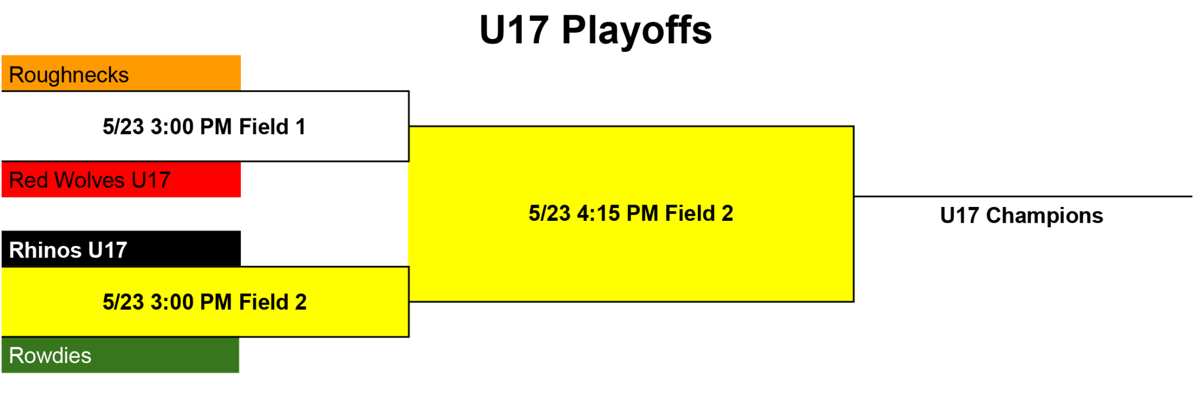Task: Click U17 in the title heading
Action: pyautogui.click(x=514, y=30)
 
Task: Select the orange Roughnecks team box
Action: pyautogui.click(x=121, y=73)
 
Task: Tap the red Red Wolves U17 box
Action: pyautogui.click(x=121, y=180)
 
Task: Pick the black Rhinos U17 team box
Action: pyautogui.click(x=121, y=249)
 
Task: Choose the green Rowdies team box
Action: pyautogui.click(x=120, y=355)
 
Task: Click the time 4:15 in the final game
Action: pyautogui.click(x=599, y=213)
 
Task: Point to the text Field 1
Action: pyautogui.click(x=272, y=126)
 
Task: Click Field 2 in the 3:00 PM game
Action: pyautogui.click(x=273, y=302)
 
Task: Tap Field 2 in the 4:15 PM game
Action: pyautogui.click(x=699, y=213)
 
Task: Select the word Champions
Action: pyautogui.click(x=1044, y=216)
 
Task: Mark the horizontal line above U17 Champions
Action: pyautogui.click(x=1023, y=196)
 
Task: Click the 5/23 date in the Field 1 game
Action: pyautogui.click(x=123, y=126)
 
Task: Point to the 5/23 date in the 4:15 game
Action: pyautogui.click(x=549, y=213)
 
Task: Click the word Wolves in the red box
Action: pyautogui.click(x=89, y=180)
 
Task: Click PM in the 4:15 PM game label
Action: pyautogui.click(x=642, y=213)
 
